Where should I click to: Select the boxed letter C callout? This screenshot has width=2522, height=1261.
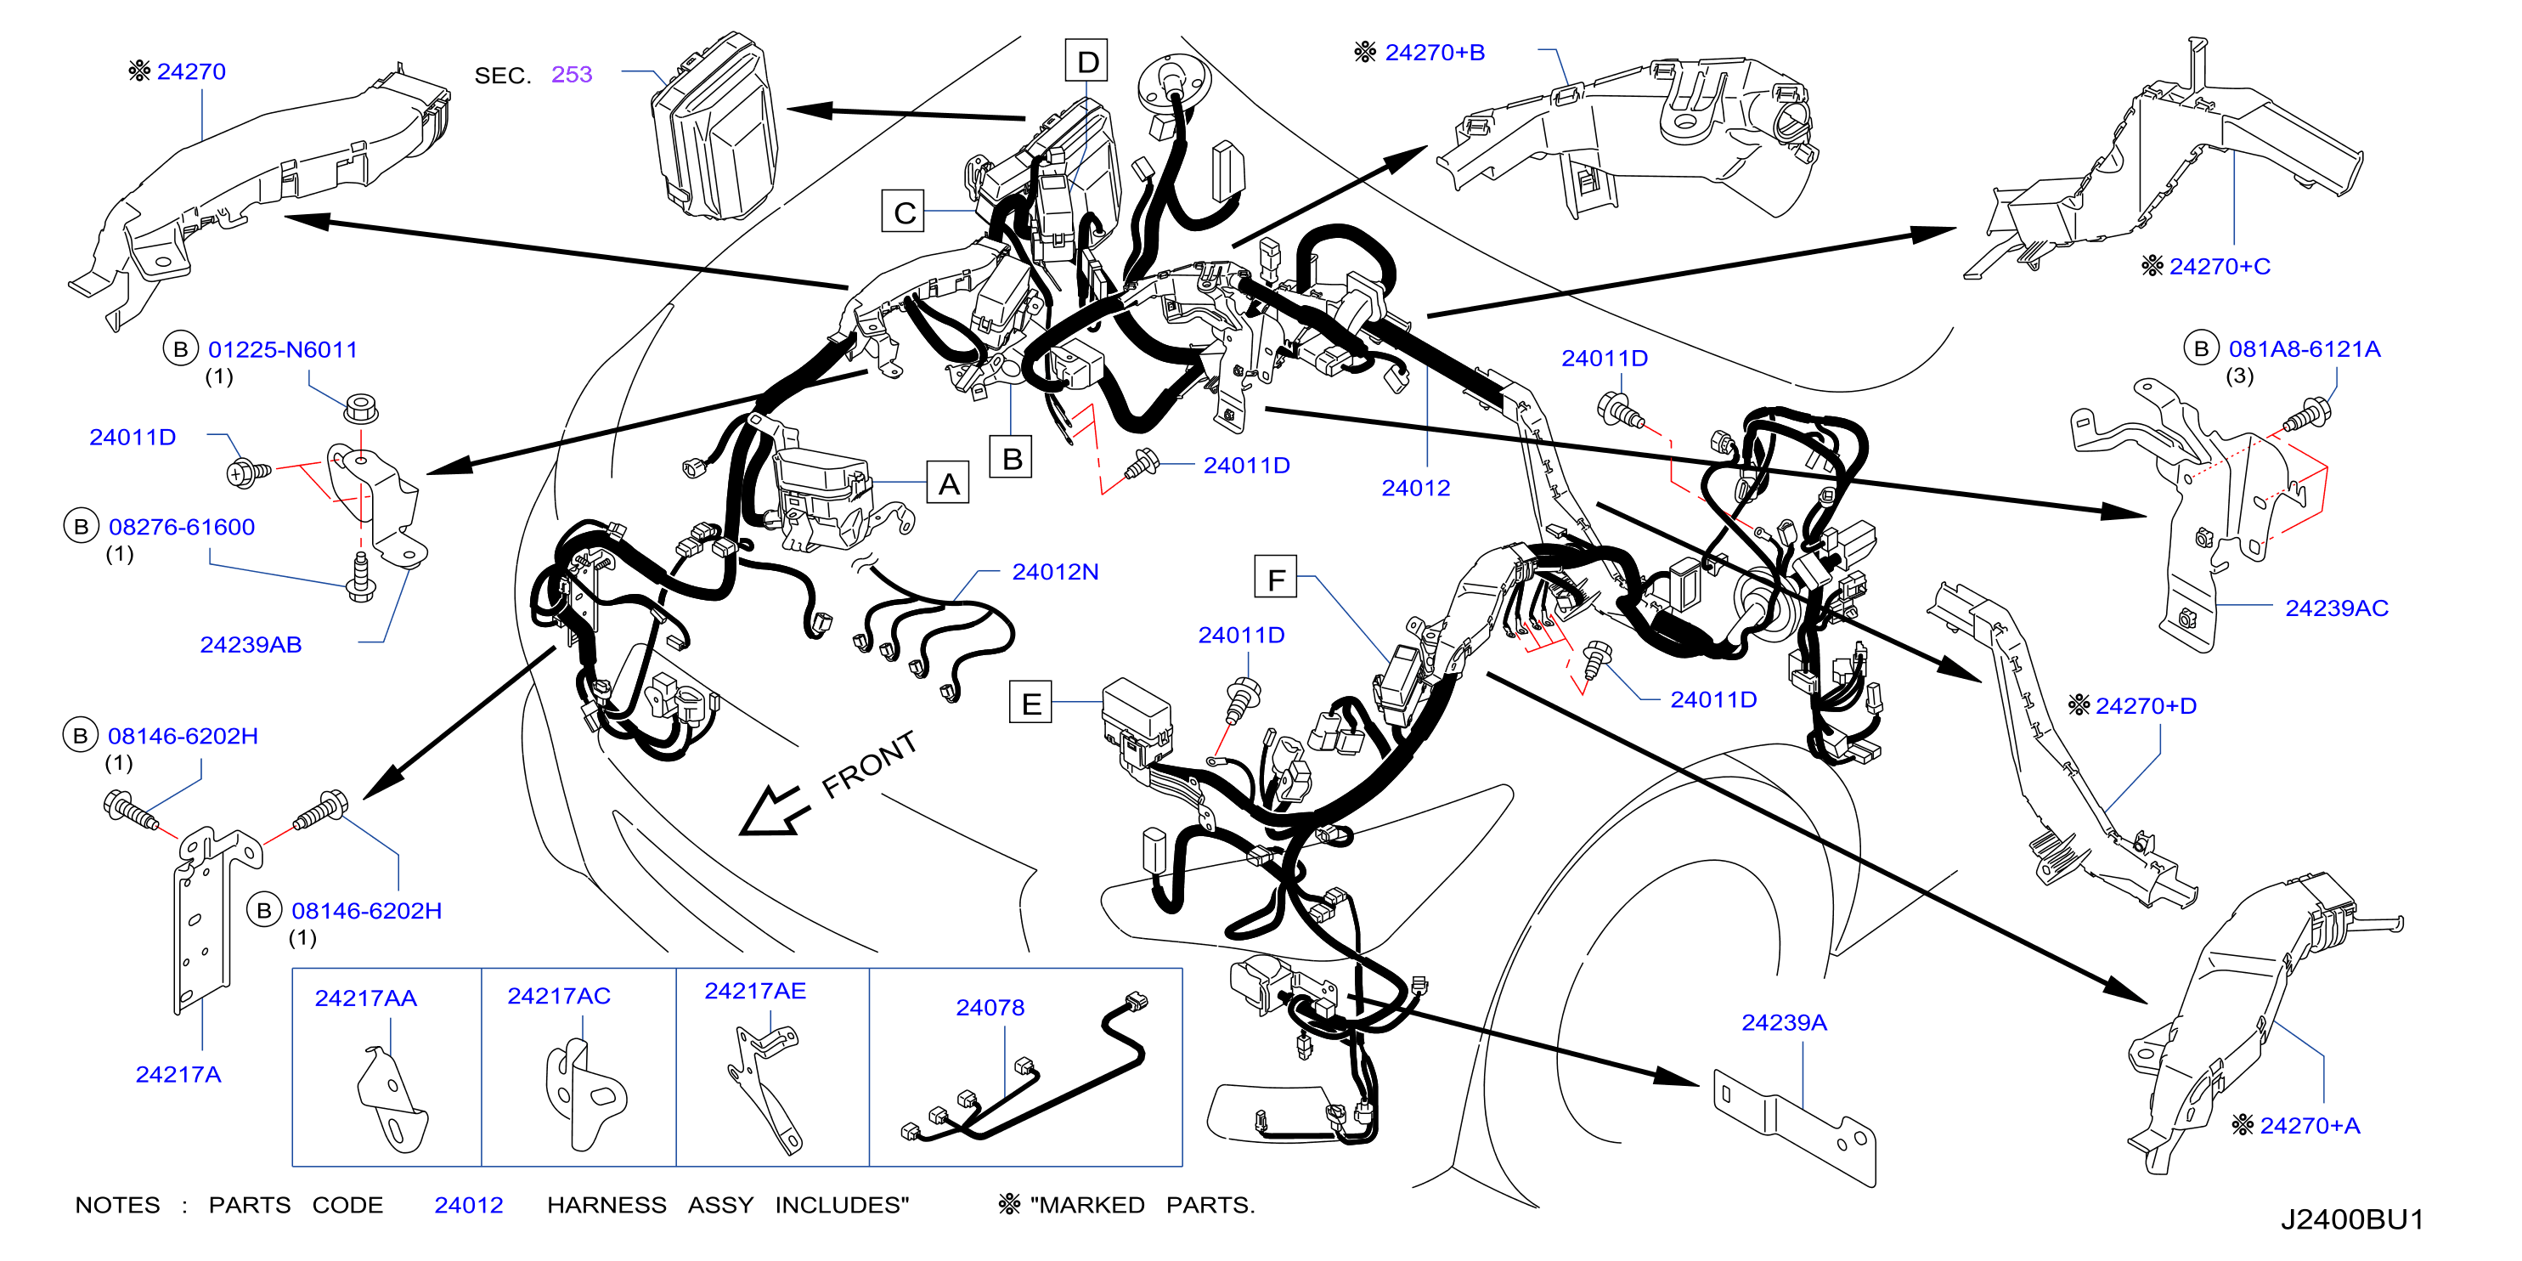pos(904,212)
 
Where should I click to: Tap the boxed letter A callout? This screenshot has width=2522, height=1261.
pos(948,483)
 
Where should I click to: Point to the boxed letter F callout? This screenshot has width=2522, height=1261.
pos(1276,579)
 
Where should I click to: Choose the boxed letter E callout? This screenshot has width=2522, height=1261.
pos(1031,703)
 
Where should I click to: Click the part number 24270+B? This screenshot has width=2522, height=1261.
pos(1435,52)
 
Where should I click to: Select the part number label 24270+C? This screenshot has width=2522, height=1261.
pos(2220,265)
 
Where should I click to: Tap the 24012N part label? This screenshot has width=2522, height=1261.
pos(1055,571)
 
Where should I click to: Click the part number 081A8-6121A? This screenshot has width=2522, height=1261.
pos(2305,348)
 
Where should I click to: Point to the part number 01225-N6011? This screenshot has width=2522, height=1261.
pos(283,349)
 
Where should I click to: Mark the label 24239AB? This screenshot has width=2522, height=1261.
pos(251,644)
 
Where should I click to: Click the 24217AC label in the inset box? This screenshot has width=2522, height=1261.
pos(559,996)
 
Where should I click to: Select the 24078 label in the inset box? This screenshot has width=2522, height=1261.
pos(990,1008)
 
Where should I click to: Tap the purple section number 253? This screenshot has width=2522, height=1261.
pos(572,75)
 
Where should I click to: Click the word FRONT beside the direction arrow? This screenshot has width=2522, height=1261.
pos(869,764)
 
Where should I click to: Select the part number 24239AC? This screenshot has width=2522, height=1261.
pos(2337,608)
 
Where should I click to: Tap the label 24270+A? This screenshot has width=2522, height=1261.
pos(2310,1126)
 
